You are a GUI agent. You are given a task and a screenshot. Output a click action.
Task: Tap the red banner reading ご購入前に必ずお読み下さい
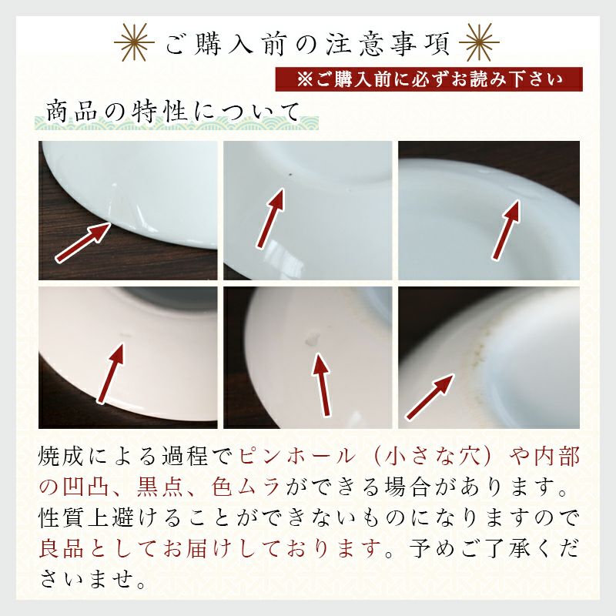click(429, 79)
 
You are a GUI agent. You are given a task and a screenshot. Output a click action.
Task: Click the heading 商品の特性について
click(172, 111)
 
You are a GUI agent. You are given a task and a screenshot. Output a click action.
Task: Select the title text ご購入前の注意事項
click(307, 44)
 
